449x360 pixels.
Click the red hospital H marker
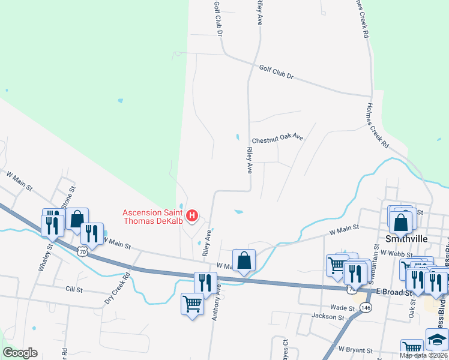(x=192, y=215)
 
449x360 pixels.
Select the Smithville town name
(x=406, y=239)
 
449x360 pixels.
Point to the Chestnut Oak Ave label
(x=277, y=139)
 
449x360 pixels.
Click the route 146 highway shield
(x=366, y=308)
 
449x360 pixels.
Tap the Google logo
(x=20, y=353)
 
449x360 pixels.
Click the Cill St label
(x=74, y=289)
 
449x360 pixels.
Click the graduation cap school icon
(x=436, y=339)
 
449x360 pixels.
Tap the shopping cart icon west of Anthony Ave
(x=192, y=304)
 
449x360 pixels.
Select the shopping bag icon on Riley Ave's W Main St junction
(x=244, y=260)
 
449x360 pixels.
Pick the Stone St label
(x=71, y=196)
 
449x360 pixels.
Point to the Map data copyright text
(x=424, y=355)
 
